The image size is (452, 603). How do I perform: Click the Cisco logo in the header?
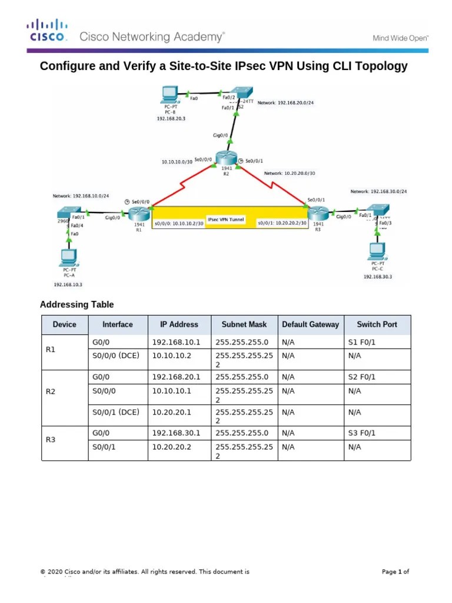pos(46,31)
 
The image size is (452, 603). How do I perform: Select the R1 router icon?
pos(139,214)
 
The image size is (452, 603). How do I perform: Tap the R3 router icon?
pos(318,213)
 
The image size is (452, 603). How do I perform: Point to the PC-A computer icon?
pos(68,257)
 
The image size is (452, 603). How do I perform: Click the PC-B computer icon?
pos(168,93)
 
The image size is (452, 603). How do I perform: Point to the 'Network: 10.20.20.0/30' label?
pos(290,174)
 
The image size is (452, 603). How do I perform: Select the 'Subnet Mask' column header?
pos(244,324)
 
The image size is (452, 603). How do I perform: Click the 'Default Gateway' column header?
pos(310,324)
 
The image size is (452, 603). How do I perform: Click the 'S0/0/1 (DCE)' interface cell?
pos(116,412)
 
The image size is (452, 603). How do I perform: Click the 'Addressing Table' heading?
pos(77,304)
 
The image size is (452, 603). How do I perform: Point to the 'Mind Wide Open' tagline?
pos(400,38)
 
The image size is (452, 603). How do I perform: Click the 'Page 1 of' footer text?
pos(395,572)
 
